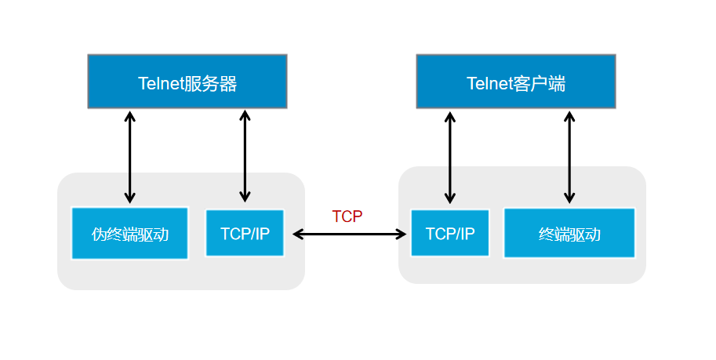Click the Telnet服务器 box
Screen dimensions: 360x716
pos(187,82)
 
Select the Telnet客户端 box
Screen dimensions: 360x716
pos(515,82)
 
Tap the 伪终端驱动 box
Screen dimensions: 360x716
pos(129,233)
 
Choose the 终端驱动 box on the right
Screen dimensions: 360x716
pos(569,233)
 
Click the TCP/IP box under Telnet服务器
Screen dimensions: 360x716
pos(245,233)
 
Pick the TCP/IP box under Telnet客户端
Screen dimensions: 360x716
pos(449,233)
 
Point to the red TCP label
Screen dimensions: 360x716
pos(347,217)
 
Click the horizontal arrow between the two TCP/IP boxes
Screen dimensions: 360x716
pos(351,234)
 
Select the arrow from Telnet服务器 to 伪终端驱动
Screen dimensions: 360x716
pos(130,157)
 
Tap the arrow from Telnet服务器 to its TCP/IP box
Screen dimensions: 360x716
pos(245,157)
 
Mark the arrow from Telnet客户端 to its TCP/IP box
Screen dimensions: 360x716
pos(449,157)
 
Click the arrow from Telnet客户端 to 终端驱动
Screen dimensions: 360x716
pos(569,157)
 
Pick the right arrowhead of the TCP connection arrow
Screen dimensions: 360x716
pos(402,234)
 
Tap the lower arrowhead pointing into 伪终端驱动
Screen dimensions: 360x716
pos(130,198)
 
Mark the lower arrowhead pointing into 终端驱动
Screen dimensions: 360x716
pos(569,198)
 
